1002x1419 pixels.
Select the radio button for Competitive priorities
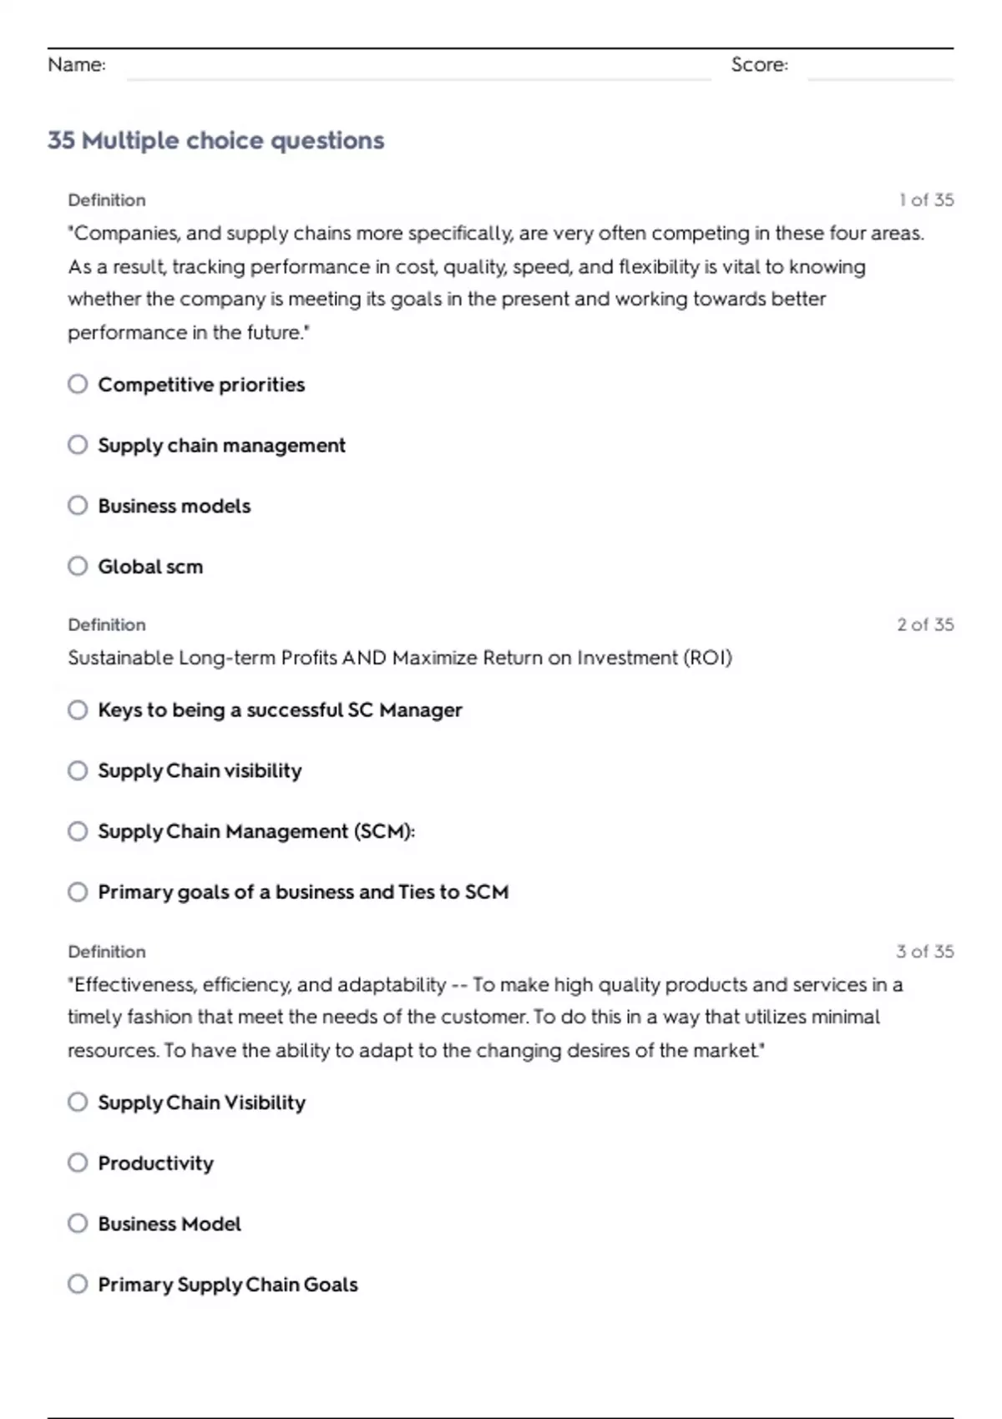(78, 384)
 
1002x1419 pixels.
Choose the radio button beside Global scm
(78, 566)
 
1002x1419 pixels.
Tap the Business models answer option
(174, 506)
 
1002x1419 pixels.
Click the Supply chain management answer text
(221, 446)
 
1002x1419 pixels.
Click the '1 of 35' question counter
(926, 200)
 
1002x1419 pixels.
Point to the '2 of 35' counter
(925, 624)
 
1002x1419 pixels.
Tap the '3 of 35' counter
(924, 952)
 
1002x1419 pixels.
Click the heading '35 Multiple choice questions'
(215, 140)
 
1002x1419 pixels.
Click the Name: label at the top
(77, 65)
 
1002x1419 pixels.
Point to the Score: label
(759, 65)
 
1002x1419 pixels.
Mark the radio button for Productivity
(78, 1163)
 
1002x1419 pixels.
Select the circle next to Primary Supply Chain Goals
(78, 1284)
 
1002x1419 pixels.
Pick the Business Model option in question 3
(170, 1224)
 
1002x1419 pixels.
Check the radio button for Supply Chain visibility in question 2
(78, 770)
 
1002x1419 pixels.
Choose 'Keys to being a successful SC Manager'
(280, 710)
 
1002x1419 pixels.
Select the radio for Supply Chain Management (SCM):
(78, 831)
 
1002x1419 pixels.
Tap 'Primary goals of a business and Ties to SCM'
(303, 892)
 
